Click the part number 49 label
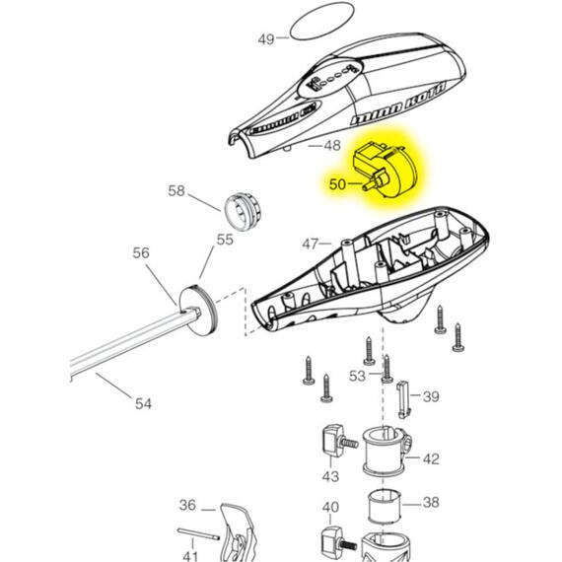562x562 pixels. tap(265, 39)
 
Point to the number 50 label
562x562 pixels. tap(338, 184)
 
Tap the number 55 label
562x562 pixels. tap(225, 240)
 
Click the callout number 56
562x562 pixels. tap(141, 253)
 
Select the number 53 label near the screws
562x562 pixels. tap(356, 376)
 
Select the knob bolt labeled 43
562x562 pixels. tap(332, 443)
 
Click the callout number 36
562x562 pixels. tap(187, 506)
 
